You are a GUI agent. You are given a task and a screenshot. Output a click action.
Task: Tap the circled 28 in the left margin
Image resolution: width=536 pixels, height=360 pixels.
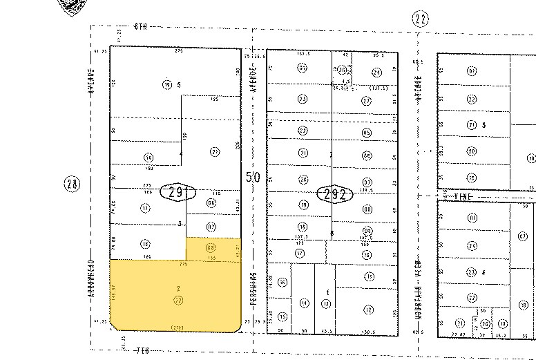72,184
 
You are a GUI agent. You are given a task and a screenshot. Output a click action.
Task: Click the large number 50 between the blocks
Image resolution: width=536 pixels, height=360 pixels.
253,178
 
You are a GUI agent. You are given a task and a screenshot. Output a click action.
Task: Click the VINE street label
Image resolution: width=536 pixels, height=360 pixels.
465,196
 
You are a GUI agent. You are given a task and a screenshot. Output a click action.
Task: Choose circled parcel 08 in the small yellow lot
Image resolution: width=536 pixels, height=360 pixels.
211,247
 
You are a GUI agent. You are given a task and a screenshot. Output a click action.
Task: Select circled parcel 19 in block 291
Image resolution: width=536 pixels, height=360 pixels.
167,85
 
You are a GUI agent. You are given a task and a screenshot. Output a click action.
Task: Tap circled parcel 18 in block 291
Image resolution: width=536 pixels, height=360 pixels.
145,243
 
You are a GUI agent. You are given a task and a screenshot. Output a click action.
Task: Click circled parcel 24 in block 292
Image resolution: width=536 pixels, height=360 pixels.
376,72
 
